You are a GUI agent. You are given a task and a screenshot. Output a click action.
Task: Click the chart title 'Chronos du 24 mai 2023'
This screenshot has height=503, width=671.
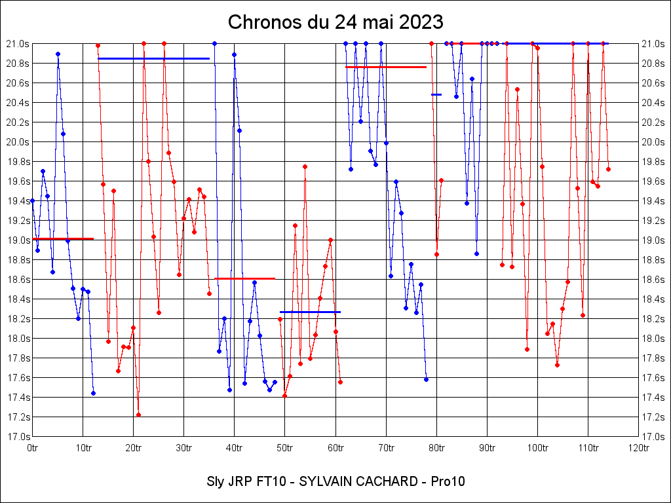coord(335,22)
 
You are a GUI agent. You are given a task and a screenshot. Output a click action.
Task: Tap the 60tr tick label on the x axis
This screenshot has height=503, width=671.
coord(335,448)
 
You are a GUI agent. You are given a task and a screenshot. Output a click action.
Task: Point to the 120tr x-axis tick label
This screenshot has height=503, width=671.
coord(638,448)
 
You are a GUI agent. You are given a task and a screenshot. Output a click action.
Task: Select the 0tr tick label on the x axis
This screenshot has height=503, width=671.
coord(33,448)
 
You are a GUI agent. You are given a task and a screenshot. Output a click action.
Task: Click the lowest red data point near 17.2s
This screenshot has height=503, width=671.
coord(138,415)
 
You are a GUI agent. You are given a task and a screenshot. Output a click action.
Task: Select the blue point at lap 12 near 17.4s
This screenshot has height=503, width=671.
coord(93,393)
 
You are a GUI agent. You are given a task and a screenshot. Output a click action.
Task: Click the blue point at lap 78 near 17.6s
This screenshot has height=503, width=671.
coord(426,379)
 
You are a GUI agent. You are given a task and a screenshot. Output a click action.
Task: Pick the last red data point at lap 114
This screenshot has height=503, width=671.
coord(608,169)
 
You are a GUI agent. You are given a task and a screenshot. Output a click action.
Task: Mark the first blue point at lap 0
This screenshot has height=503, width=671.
coord(33,200)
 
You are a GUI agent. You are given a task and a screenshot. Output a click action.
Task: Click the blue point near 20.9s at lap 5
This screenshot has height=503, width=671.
coord(58,54)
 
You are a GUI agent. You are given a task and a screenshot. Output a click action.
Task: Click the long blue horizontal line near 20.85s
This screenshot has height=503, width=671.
coord(153,58)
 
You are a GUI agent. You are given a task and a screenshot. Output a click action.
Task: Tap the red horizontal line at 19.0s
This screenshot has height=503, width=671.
coord(63,238)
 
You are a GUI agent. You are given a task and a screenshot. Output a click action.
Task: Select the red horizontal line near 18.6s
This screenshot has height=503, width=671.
coord(244,278)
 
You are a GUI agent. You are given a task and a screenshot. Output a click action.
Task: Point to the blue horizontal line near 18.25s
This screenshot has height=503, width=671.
coord(310,312)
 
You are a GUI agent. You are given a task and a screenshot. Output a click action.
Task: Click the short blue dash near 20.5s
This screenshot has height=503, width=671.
coord(436,94)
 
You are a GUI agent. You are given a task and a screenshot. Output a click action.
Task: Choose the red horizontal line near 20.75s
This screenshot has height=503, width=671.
coord(386,67)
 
